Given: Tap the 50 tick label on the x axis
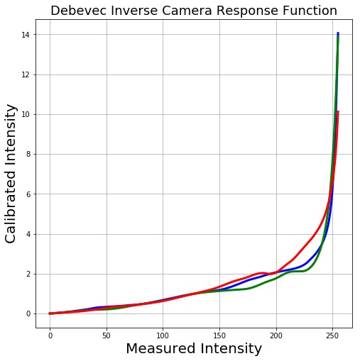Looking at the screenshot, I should pos(107,335).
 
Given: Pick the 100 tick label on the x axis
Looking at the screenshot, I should pos(163,335).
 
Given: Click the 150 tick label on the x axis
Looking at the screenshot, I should pos(219,335).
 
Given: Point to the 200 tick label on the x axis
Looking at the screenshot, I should pos(276,335).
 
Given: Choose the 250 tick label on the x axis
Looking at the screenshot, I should pos(332,335).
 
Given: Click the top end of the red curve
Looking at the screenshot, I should pos(338,112).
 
